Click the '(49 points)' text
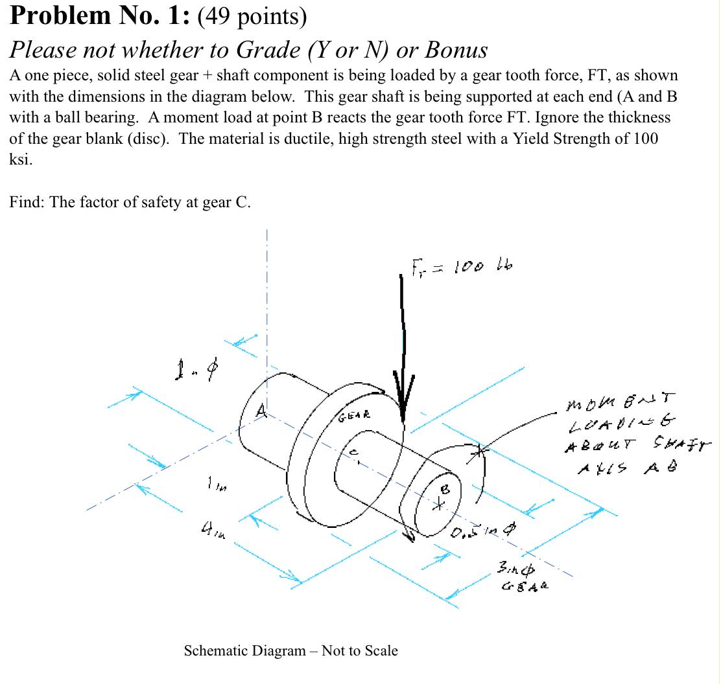(253, 16)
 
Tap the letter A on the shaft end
(261, 410)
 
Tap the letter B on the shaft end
(445, 490)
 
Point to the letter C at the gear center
(354, 452)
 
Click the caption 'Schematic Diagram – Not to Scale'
(290, 650)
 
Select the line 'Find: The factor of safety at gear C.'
(130, 202)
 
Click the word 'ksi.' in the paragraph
(21, 160)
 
